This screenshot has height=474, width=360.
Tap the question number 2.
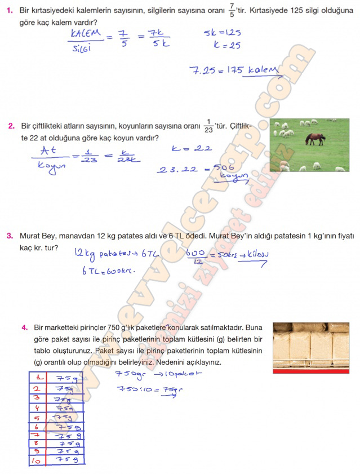tap(11, 126)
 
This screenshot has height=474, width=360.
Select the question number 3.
tap(10, 236)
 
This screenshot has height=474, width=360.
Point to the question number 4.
tap(24, 327)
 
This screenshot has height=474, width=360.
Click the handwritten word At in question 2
tap(47, 150)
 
